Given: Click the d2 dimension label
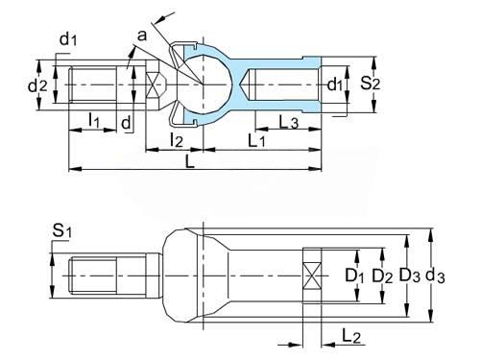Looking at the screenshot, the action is (x=37, y=85).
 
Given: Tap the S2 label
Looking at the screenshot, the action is (x=371, y=84).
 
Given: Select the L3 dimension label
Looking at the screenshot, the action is (x=289, y=122).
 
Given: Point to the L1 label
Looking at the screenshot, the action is (x=256, y=140).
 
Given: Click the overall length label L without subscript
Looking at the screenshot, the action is (x=190, y=161).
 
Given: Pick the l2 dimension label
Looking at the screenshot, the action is (x=177, y=140).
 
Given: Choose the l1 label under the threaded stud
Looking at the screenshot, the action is (x=94, y=121).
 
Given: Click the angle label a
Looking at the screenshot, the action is (x=142, y=36).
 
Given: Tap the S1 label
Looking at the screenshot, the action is (x=61, y=230).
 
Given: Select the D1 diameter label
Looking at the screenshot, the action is (x=354, y=276).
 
